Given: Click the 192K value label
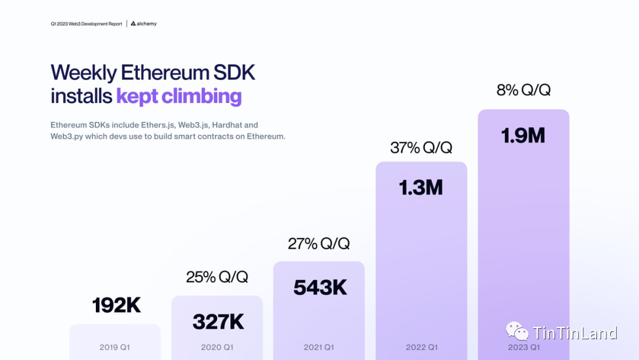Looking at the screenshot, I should [117, 306].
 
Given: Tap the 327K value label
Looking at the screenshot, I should [218, 322].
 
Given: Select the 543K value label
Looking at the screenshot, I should [320, 288].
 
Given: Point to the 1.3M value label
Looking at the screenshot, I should [421, 188].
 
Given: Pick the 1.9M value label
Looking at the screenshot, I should [523, 136].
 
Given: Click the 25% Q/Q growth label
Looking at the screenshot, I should [217, 277].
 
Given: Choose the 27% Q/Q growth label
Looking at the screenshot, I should [319, 243].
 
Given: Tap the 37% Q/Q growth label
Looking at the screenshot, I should [421, 147].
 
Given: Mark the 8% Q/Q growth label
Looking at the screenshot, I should [524, 90].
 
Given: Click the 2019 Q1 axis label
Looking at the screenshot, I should [115, 348].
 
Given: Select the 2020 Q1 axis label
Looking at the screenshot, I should [217, 348].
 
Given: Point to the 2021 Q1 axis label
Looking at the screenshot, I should [319, 348].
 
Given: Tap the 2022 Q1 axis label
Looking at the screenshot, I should [421, 348].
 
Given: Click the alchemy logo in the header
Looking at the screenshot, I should [144, 24].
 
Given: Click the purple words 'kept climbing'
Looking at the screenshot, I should [179, 96].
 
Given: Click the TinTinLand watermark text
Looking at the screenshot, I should [575, 333].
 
